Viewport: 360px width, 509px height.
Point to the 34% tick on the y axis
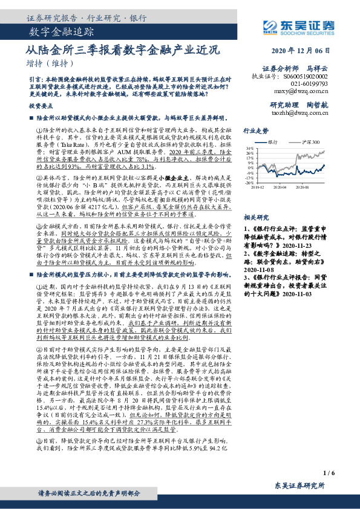(x=250, y=148)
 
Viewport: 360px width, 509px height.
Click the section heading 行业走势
(x=255, y=130)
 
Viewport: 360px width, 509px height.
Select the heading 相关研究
(x=255, y=216)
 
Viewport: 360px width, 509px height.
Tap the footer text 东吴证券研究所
(x=301, y=485)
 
